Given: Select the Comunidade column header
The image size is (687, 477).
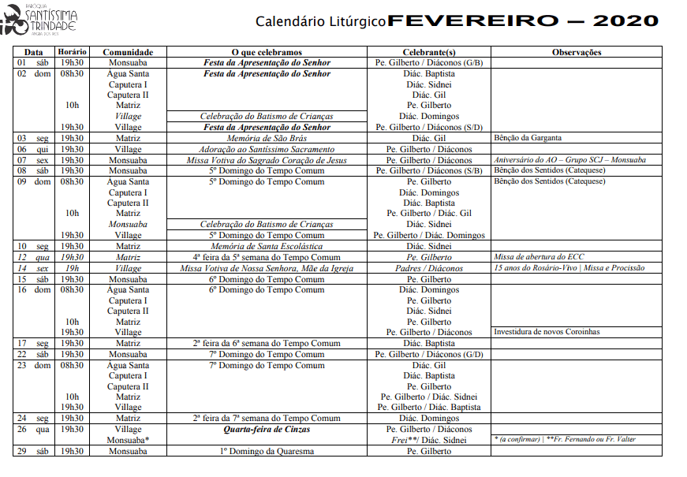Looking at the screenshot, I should pyautogui.click(x=128, y=52).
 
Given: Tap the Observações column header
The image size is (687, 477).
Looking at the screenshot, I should pyautogui.click(x=576, y=52).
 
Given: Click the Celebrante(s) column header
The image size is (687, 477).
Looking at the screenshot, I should pyautogui.click(x=429, y=52).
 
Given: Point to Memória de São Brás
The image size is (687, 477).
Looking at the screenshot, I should pyautogui.click(x=267, y=138).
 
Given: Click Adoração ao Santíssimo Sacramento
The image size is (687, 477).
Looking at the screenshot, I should pyautogui.click(x=267, y=149).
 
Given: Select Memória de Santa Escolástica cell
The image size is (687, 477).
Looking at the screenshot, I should pyautogui.click(x=267, y=246).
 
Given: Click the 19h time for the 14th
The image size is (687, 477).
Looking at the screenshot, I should pyautogui.click(x=72, y=268).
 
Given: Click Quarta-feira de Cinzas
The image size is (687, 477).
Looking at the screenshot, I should pyautogui.click(x=267, y=429).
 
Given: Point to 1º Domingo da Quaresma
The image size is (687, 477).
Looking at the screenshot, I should pyautogui.click(x=267, y=451).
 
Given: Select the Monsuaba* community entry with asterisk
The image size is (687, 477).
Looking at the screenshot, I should pyautogui.click(x=129, y=439).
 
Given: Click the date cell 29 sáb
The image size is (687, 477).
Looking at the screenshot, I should pyautogui.click(x=33, y=451).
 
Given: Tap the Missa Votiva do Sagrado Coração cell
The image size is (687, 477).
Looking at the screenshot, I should pyautogui.click(x=267, y=160).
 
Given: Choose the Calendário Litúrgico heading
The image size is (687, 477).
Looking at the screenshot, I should pyautogui.click(x=320, y=22).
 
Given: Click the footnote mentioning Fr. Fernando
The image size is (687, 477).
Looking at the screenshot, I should pyautogui.click(x=564, y=439).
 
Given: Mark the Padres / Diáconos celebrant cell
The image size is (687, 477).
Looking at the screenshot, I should pyautogui.click(x=429, y=268).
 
